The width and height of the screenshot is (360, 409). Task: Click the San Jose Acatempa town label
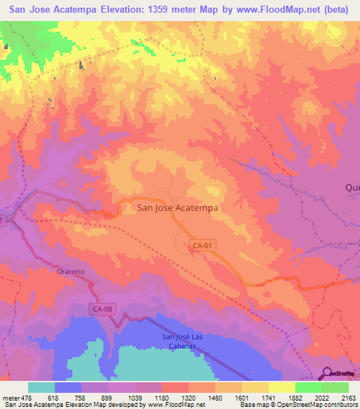tap(178, 207)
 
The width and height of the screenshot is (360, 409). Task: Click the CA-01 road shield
tap(200, 245)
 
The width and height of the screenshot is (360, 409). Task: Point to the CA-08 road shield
tap(103, 309)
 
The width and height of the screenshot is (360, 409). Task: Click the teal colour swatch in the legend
tap(41, 387)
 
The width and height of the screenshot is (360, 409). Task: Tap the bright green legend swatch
tap(308, 387)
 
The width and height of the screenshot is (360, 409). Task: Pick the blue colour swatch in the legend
tap(68, 387)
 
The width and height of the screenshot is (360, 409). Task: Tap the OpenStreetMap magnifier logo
tap(328, 374)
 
